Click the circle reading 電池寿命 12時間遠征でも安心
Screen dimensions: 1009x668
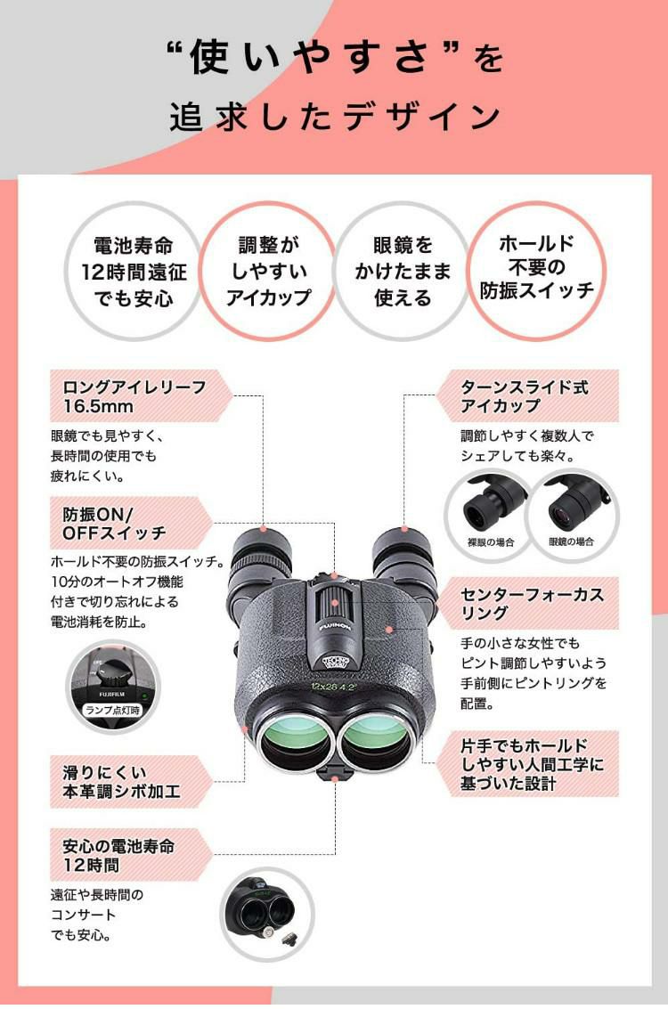(134, 271)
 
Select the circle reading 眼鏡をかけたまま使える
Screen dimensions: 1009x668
(403, 271)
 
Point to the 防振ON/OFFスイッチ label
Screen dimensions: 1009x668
(116, 524)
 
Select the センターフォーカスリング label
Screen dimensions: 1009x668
(533, 603)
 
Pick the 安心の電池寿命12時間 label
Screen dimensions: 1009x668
(116, 855)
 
